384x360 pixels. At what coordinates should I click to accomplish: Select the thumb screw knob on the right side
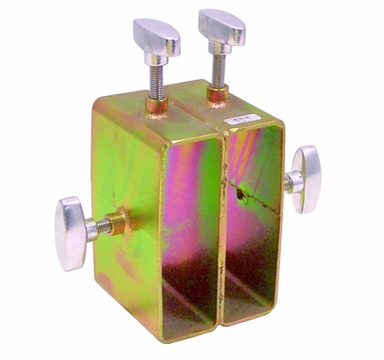[306, 179]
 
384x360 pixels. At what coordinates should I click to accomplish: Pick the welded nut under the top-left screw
[155, 101]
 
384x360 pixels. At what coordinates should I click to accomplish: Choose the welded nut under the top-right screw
[218, 94]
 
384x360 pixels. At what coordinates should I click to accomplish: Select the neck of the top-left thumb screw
[156, 59]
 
